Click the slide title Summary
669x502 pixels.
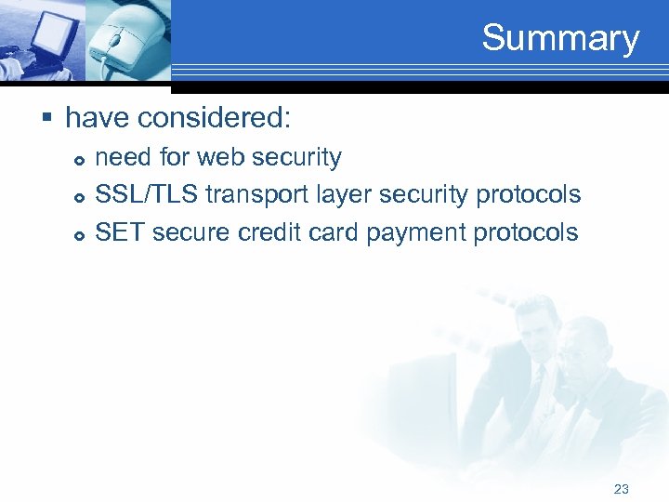[x=560, y=38]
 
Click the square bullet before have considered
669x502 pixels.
[x=47, y=118]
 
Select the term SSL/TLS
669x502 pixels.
[x=147, y=195]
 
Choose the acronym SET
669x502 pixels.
[x=120, y=232]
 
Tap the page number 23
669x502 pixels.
[x=622, y=488]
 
